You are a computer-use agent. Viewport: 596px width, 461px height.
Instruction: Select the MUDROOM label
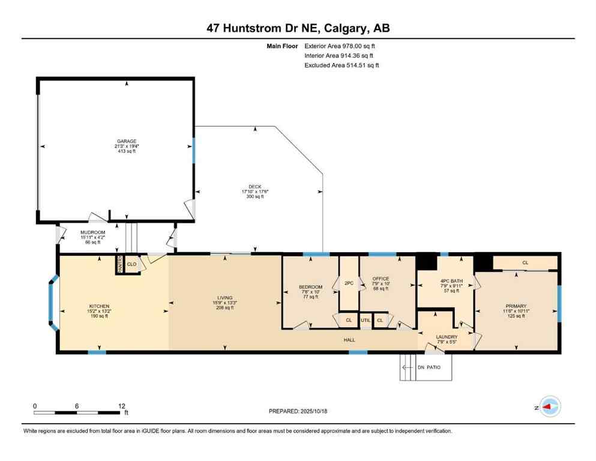(93, 232)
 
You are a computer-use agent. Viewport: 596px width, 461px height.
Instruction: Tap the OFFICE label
(381, 279)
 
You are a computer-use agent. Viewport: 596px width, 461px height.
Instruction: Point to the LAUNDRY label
(447, 337)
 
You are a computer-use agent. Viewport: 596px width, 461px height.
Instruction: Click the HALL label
(349, 339)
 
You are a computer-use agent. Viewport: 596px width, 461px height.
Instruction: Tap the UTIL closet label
(366, 321)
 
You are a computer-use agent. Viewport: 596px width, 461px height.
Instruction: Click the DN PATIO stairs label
(435, 368)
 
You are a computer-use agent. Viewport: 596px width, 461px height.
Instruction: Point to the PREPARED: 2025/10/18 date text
(298, 411)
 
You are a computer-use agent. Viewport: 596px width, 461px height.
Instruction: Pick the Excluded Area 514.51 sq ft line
(342, 65)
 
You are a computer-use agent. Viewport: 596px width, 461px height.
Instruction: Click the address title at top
(298, 28)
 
